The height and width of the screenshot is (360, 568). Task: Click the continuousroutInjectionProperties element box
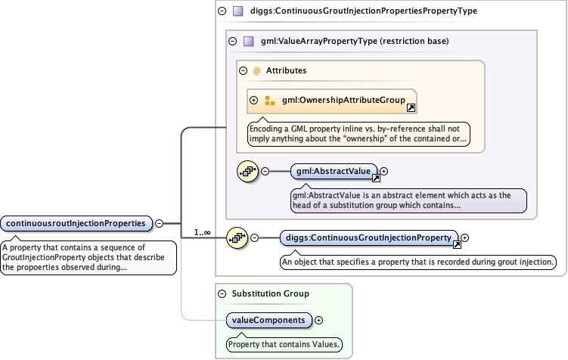pyautogui.click(x=76, y=223)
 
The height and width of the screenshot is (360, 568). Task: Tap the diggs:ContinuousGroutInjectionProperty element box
pyautogui.click(x=369, y=238)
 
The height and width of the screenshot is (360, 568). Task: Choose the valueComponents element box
pyautogui.click(x=269, y=320)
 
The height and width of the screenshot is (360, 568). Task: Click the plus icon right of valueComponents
pyautogui.click(x=318, y=320)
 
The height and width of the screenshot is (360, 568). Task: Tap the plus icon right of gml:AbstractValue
pyautogui.click(x=384, y=172)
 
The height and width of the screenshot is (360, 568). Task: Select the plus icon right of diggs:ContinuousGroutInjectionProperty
pyautogui.click(x=464, y=238)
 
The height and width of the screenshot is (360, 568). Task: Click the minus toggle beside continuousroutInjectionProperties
pyautogui.click(x=160, y=223)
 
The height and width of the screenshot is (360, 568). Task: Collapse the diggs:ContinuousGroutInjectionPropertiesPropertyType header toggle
pyautogui.click(x=222, y=11)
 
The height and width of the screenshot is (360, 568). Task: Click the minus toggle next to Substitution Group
pyautogui.click(x=222, y=293)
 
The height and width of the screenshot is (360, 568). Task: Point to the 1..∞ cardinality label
pyautogui.click(x=202, y=232)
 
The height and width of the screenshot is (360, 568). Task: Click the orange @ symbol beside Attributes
pyautogui.click(x=256, y=70)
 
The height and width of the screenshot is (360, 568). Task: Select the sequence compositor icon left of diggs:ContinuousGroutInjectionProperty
pyautogui.click(x=237, y=238)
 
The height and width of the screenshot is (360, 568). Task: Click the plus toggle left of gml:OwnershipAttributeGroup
pyautogui.click(x=253, y=100)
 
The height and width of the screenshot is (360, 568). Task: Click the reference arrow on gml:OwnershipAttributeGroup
pyautogui.click(x=411, y=108)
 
